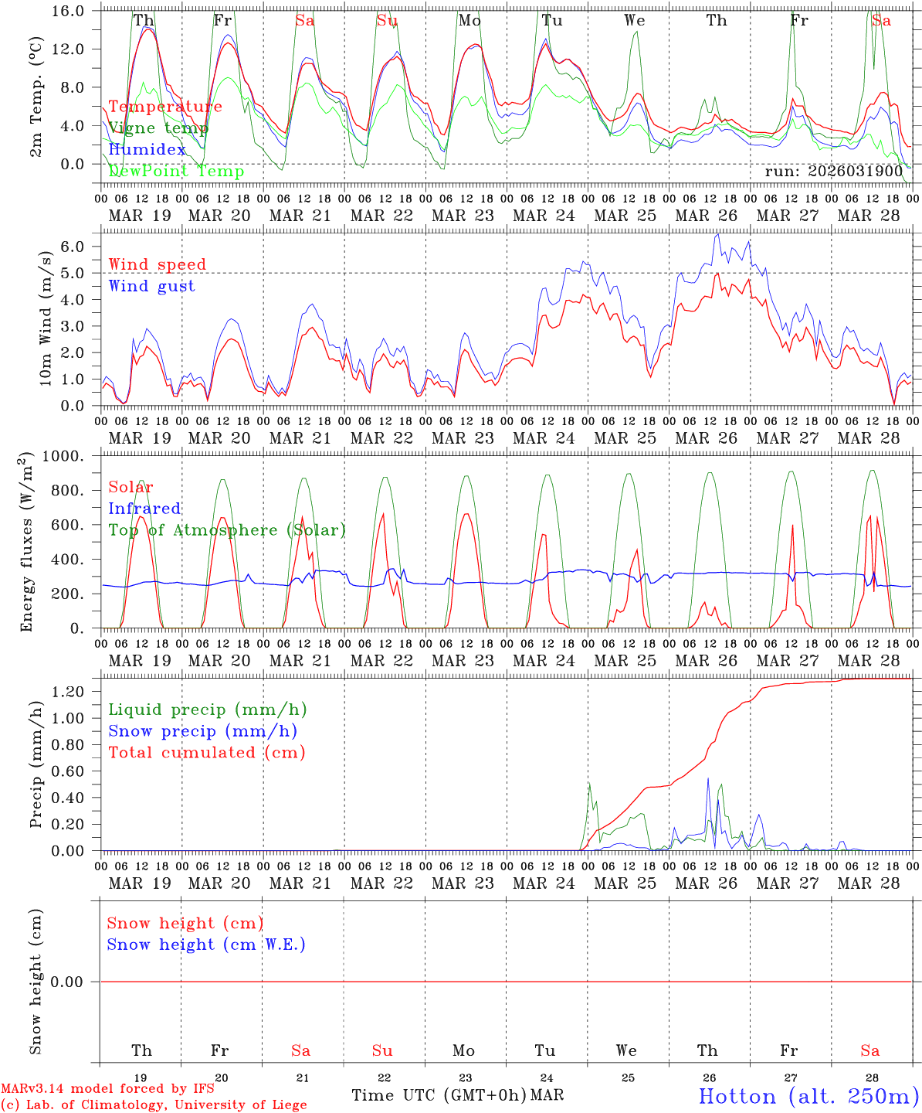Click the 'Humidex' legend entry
(147, 150)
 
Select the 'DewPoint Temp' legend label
(176, 172)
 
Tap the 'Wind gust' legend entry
(151, 286)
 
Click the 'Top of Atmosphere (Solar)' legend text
(227, 530)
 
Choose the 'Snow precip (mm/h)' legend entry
(202, 731)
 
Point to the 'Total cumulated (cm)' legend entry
(206, 753)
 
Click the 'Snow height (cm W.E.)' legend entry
(206, 945)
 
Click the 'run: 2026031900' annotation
(834, 172)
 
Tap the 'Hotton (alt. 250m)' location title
(808, 1096)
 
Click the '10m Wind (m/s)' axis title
(46, 319)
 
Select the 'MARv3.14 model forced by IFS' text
(107, 1089)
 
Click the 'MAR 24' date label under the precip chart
(544, 883)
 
